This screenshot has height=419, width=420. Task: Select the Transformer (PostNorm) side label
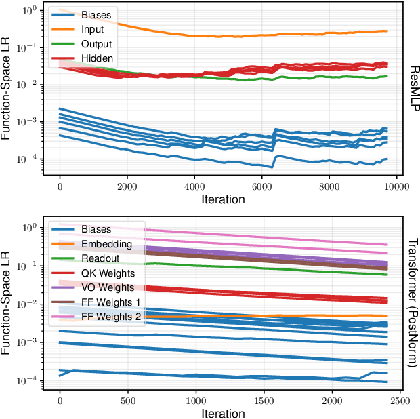coord(412,303)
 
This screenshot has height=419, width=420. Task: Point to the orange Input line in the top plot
coord(271,34)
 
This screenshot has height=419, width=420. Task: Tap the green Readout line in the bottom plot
coord(271,268)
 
